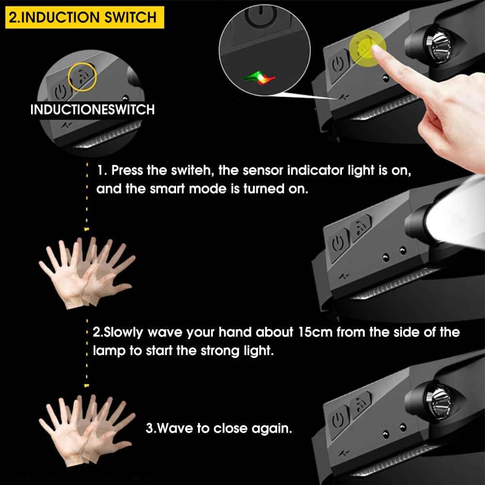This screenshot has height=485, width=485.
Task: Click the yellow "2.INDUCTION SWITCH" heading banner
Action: [84, 17]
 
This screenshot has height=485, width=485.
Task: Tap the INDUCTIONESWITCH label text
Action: [93, 110]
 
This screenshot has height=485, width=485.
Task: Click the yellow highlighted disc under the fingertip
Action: [368, 48]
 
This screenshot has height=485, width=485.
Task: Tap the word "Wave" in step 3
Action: [175, 428]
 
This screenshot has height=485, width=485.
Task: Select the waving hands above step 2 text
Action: [87, 272]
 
